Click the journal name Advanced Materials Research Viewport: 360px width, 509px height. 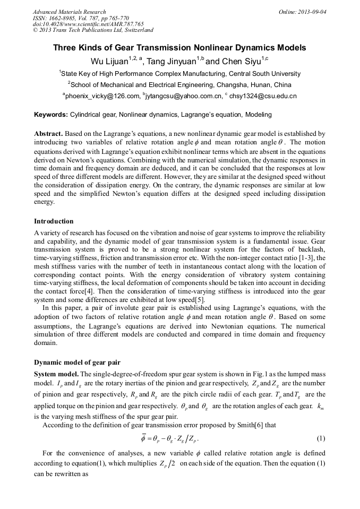click(70, 12)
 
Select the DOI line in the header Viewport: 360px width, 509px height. click(88, 24)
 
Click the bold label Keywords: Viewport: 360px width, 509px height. click(51, 114)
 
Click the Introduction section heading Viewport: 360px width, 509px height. click(54, 221)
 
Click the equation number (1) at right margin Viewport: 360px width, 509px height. click(320, 438)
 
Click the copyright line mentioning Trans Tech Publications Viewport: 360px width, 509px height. click(93, 31)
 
